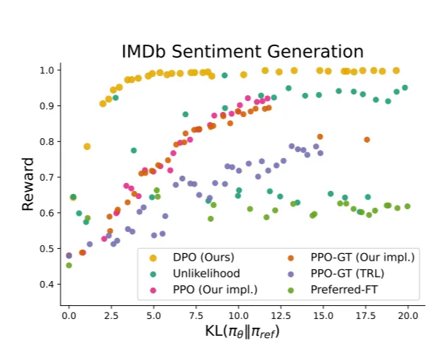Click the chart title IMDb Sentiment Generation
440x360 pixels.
pos(242,51)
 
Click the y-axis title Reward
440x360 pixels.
pos(28,184)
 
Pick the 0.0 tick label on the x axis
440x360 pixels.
pos(68,315)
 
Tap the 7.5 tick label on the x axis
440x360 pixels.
pos(195,315)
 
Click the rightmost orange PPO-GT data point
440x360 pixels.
pos(367,140)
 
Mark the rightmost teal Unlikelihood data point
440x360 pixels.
pos(404,88)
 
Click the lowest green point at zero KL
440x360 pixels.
pos(69,265)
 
